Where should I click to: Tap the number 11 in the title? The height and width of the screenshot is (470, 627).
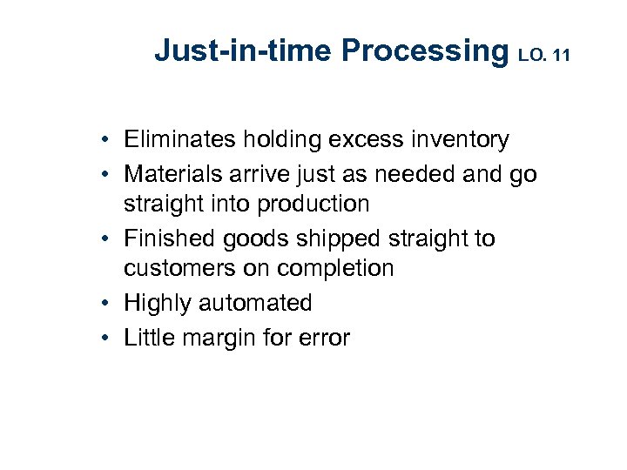coord(561,57)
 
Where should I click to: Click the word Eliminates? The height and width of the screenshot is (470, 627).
coord(179,139)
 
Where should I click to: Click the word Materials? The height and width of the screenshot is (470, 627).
coord(172,174)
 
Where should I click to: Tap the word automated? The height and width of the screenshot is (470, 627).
coord(254,303)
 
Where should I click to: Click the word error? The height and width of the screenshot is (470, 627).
coord(321,338)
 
